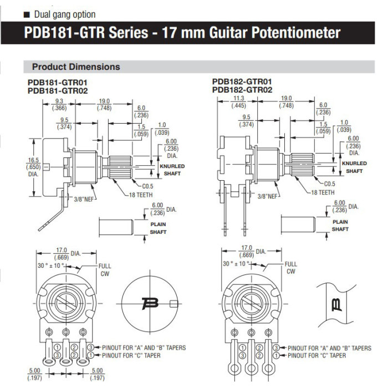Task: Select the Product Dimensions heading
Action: (76, 67)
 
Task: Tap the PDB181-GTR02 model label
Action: (58, 90)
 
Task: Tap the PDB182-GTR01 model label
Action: (242, 81)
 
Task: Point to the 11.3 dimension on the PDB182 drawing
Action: (238, 100)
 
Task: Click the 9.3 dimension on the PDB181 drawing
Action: (59, 101)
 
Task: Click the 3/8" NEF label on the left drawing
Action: (85, 197)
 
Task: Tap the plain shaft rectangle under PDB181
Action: (116, 226)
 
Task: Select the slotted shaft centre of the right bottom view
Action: (251, 304)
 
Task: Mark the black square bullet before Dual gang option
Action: (26, 14)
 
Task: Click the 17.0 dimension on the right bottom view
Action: (246, 249)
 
